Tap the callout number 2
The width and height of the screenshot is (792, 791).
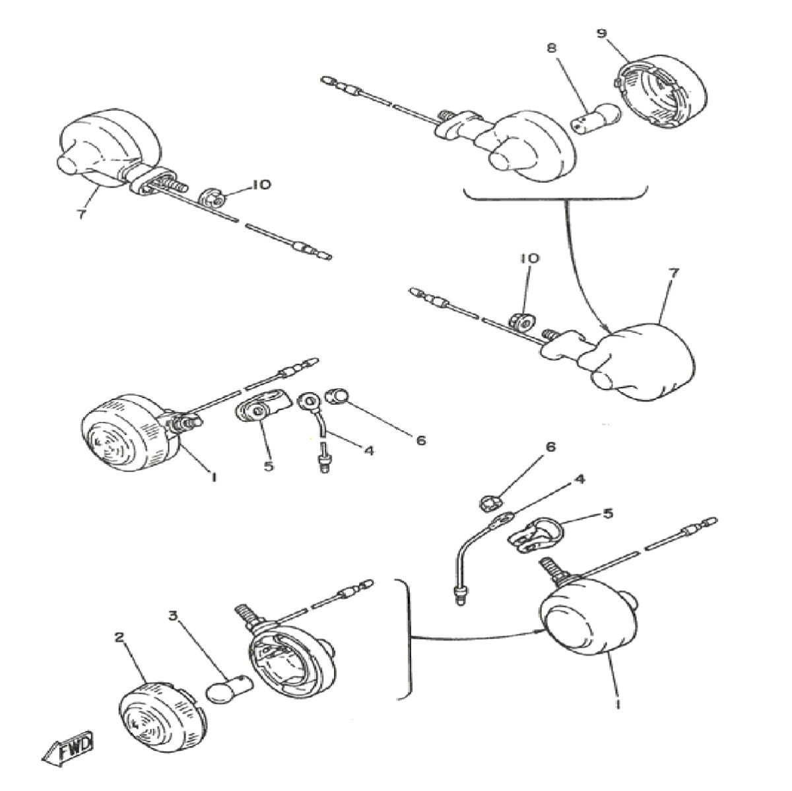119,637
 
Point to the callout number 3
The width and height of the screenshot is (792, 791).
173,616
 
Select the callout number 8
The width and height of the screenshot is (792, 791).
552,48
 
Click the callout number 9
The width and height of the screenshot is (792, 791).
601,34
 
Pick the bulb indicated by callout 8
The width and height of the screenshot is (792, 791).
593,121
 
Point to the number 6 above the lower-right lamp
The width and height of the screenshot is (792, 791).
550,447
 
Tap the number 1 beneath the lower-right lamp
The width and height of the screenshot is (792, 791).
618,705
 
